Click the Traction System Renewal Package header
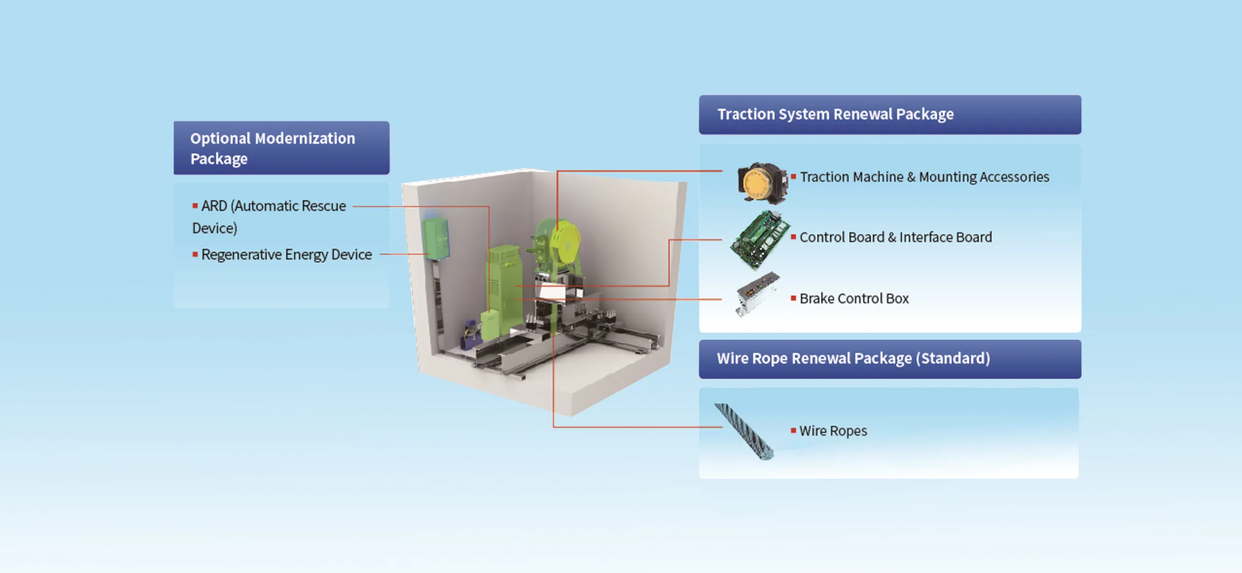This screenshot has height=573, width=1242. [x=890, y=115]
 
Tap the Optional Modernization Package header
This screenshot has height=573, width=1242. [x=281, y=148]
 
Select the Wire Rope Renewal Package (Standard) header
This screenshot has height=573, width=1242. [x=890, y=359]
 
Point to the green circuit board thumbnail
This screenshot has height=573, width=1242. [x=760, y=239]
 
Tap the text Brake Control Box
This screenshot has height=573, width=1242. [x=854, y=298]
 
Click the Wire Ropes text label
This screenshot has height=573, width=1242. [x=833, y=431]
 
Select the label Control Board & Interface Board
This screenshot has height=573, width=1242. [x=896, y=237]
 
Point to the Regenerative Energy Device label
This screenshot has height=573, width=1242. [x=286, y=255]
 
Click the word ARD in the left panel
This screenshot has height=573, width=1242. [x=214, y=206]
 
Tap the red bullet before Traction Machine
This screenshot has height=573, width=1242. [x=793, y=177]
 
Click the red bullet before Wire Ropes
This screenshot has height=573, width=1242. [x=793, y=430]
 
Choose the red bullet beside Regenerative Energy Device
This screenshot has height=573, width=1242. [x=195, y=254]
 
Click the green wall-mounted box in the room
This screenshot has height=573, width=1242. [x=435, y=239]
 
